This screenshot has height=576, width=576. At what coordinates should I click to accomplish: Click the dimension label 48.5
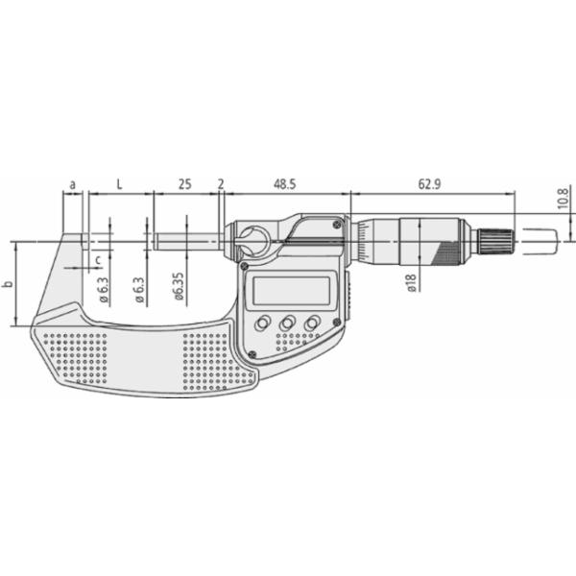click(x=285, y=184)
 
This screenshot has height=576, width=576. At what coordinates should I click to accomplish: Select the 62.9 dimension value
click(x=429, y=184)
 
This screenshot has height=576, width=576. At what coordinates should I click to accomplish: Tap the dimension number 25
click(x=184, y=184)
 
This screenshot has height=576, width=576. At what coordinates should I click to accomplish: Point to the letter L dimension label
click(x=119, y=184)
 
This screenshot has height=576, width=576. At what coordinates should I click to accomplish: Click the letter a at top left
click(x=73, y=184)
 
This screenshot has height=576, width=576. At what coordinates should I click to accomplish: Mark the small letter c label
click(x=98, y=260)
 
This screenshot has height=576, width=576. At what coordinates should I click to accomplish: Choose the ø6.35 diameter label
click(x=179, y=286)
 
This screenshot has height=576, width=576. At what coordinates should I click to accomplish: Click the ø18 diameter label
click(x=412, y=283)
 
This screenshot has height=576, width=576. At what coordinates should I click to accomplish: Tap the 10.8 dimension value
click(x=563, y=198)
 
